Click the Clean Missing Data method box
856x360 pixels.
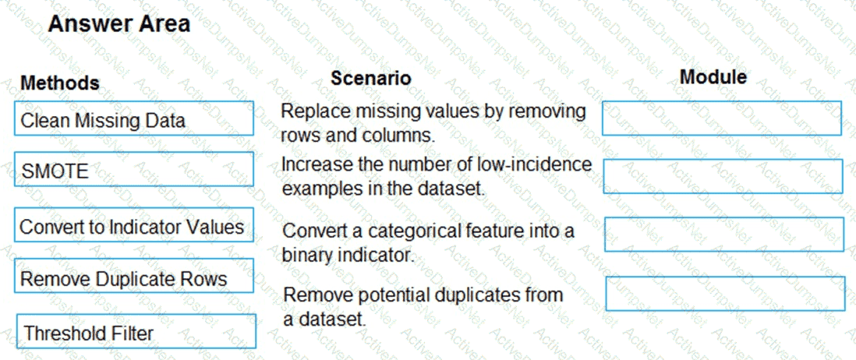click(134, 118)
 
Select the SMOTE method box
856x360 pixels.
click(134, 169)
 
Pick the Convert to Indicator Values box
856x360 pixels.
click(134, 224)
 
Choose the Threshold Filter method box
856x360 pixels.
click(136, 331)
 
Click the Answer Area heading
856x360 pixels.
click(119, 23)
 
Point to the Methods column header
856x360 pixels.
click(60, 83)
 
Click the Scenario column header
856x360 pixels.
click(370, 78)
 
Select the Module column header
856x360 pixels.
click(713, 77)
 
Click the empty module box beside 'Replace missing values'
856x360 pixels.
click(722, 118)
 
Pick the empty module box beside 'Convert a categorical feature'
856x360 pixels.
click(724, 234)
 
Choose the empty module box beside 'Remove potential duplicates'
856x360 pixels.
click(725, 294)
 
